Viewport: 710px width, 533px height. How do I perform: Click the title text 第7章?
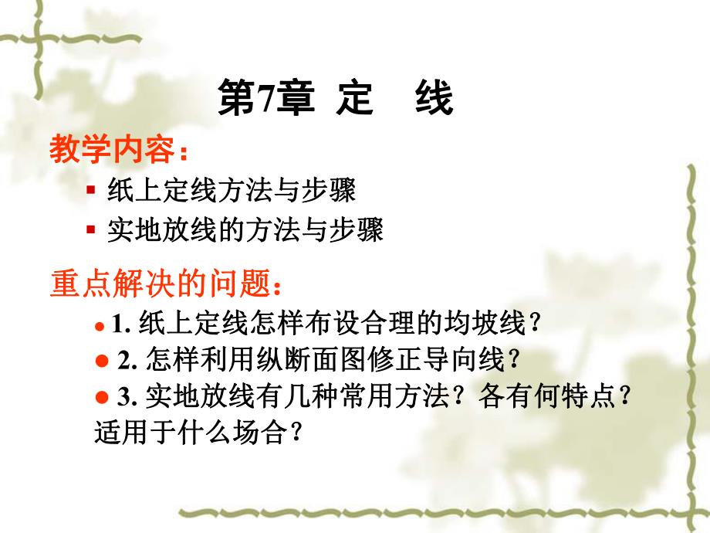click(x=266, y=101)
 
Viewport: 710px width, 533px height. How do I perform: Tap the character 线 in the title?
click(x=434, y=101)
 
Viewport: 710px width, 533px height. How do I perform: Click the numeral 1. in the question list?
click(x=120, y=324)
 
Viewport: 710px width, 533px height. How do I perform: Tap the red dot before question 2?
click(x=101, y=361)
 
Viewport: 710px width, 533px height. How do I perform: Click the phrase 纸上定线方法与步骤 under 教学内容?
click(x=232, y=189)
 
